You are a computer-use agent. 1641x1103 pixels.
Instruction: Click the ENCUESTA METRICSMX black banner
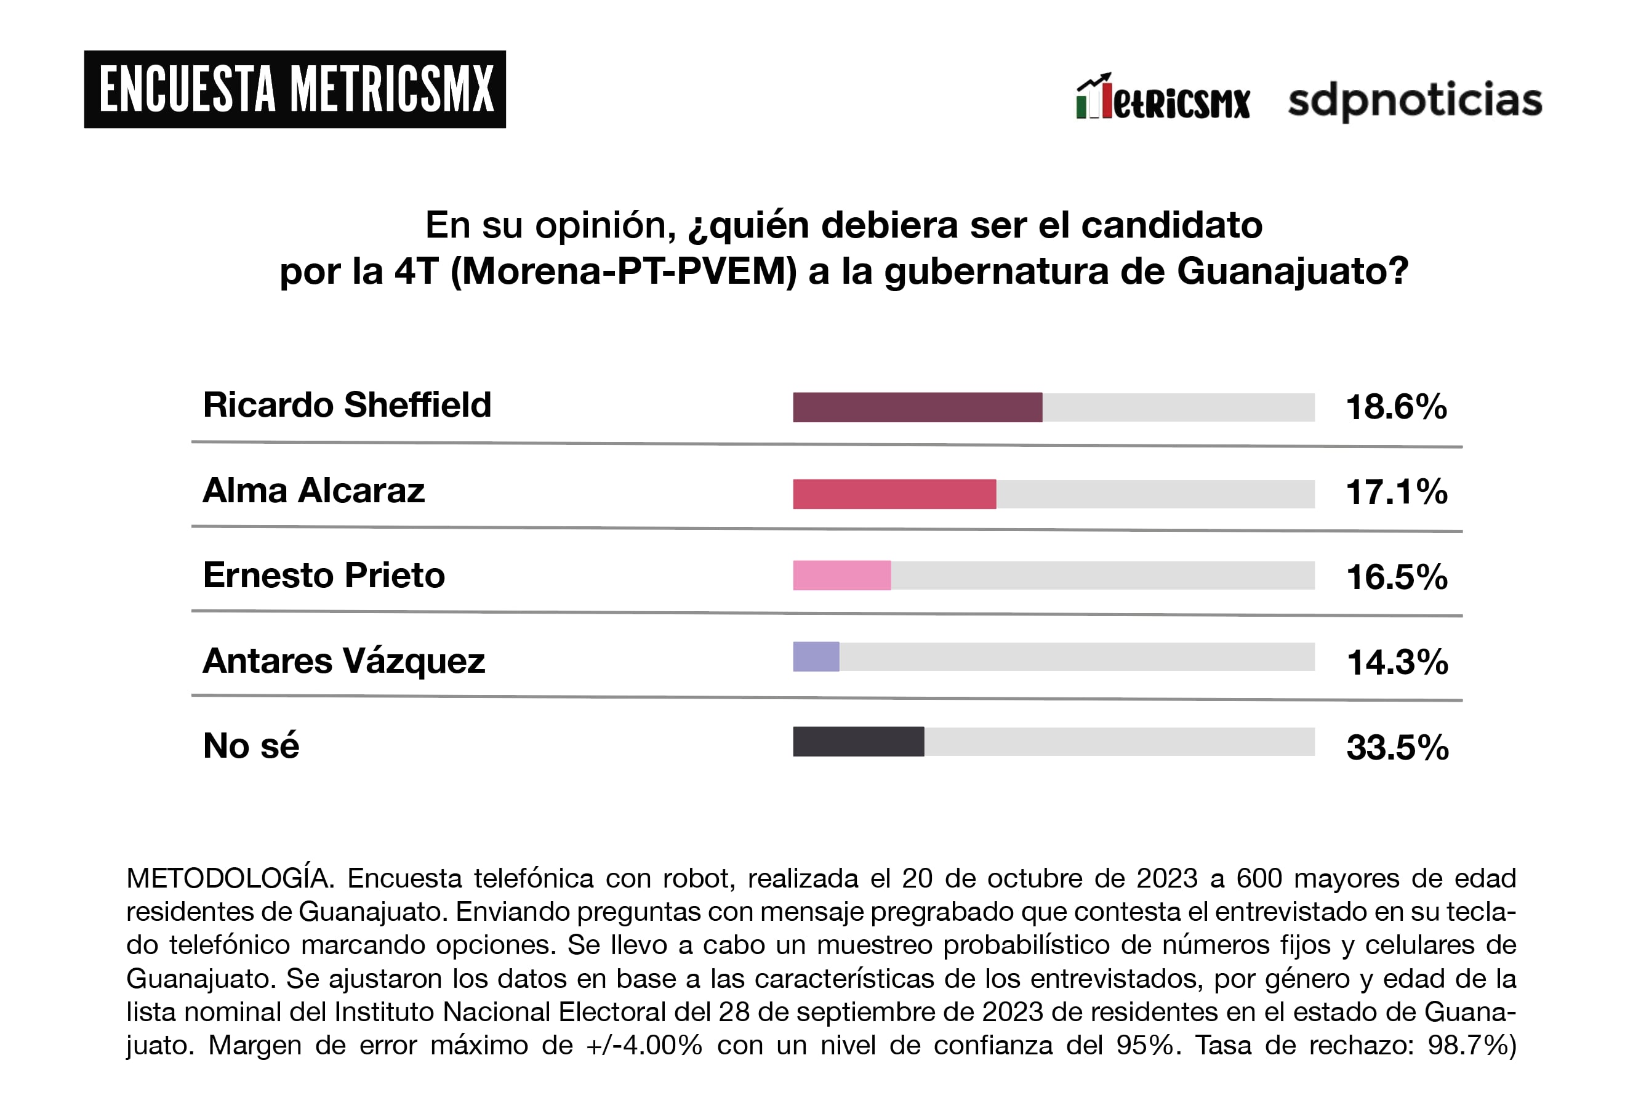pyautogui.click(x=295, y=89)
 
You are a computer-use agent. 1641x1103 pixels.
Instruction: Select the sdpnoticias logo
pyautogui.click(x=1414, y=100)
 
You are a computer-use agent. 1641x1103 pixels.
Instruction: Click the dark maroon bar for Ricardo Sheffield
pyautogui.click(x=917, y=407)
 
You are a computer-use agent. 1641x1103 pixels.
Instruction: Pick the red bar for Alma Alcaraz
pyautogui.click(x=894, y=494)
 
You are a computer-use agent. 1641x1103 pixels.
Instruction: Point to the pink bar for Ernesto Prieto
pyautogui.click(x=841, y=576)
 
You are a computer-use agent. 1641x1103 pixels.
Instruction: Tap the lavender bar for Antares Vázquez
pyautogui.click(x=816, y=657)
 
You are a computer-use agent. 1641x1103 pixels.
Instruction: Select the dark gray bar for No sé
pyautogui.click(x=858, y=742)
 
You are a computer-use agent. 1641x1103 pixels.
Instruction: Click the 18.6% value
pyautogui.click(x=1396, y=407)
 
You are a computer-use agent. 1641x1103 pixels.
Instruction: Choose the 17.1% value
pyautogui.click(x=1396, y=492)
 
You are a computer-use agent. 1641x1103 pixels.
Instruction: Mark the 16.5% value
pyautogui.click(x=1396, y=577)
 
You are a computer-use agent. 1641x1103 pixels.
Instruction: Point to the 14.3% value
pyautogui.click(x=1397, y=663)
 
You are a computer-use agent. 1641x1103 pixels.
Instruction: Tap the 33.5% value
pyautogui.click(x=1397, y=748)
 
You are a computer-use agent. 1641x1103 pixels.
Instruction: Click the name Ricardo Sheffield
pyautogui.click(x=347, y=405)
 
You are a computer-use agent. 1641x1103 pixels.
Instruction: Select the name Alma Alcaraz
pyautogui.click(x=314, y=491)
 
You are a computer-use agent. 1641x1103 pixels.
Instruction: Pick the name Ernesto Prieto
pyautogui.click(x=324, y=576)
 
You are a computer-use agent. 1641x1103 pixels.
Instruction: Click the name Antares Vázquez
pyautogui.click(x=344, y=661)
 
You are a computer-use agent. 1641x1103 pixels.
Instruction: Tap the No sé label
pyautogui.click(x=251, y=745)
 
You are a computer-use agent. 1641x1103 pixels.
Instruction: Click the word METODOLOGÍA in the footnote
pyautogui.click(x=230, y=878)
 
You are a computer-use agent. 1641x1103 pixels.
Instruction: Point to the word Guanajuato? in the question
pyautogui.click(x=1293, y=271)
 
